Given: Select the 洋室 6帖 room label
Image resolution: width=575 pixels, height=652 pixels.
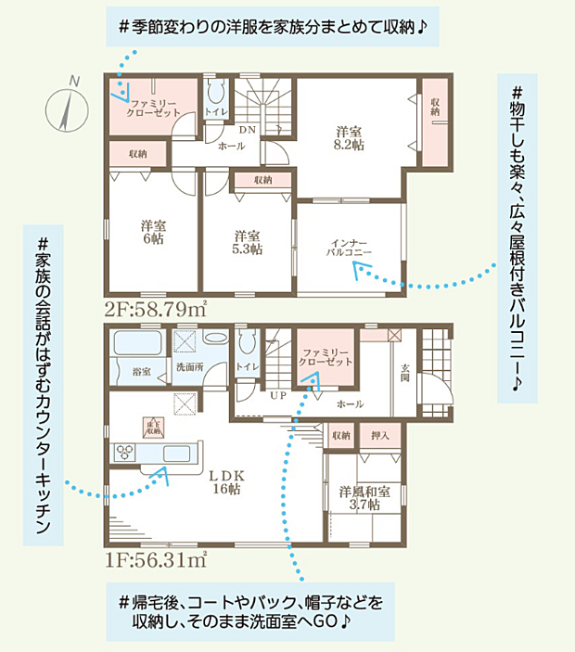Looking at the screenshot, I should [x=153, y=231].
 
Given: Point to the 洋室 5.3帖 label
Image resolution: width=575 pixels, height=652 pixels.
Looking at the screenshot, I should [x=247, y=241].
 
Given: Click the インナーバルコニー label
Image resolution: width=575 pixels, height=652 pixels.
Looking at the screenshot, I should [x=349, y=245].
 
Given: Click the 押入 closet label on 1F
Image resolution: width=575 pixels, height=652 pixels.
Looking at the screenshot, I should [x=378, y=435].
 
